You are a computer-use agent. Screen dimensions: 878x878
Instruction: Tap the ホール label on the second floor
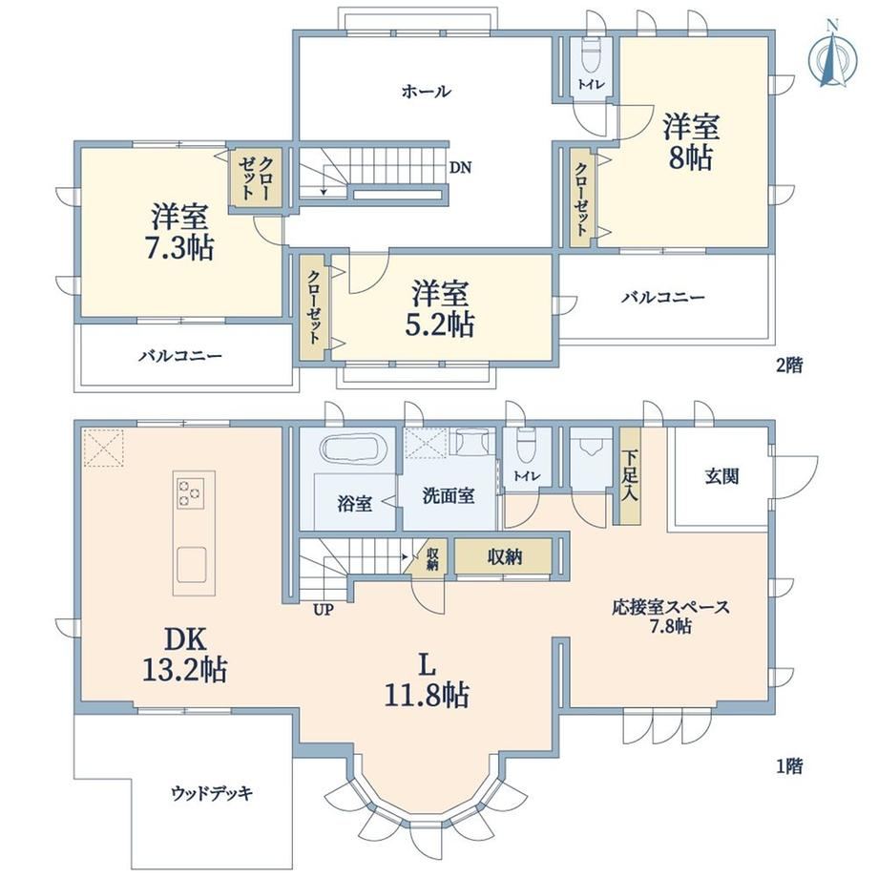click(427, 92)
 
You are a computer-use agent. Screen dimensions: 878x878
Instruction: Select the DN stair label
click(461, 167)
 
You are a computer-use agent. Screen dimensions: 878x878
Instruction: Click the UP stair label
click(324, 609)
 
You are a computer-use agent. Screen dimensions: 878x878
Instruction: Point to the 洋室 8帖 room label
click(691, 142)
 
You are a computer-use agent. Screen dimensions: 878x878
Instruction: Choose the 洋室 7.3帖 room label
click(179, 232)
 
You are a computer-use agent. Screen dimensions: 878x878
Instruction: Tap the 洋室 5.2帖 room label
click(440, 309)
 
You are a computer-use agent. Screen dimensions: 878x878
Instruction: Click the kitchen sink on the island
click(192, 565)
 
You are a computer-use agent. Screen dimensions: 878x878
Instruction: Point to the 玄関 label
click(721, 476)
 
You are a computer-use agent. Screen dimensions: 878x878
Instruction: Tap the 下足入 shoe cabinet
click(630, 476)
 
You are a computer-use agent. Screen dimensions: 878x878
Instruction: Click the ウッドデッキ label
click(212, 793)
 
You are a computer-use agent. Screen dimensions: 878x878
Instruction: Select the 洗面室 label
click(449, 495)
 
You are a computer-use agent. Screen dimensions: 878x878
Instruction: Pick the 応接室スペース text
click(670, 607)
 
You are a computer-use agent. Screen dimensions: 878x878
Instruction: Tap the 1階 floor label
click(789, 766)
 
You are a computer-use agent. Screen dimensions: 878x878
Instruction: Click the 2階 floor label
click(789, 366)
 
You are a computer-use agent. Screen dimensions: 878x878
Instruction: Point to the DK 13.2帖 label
click(185, 654)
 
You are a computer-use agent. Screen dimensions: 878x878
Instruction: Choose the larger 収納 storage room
click(504, 556)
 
